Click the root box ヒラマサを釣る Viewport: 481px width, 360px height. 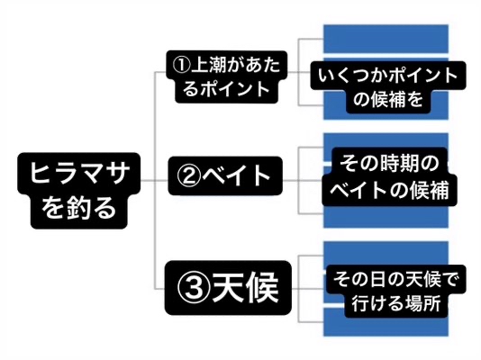pyautogui.click(x=79, y=191)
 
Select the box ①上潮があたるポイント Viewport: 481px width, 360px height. pyautogui.click(x=227, y=76)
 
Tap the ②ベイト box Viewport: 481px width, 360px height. pyautogui.click(x=225, y=175)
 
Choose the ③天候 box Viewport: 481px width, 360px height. pyautogui.click(x=228, y=288)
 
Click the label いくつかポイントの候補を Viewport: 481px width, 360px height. pyautogui.click(x=388, y=87)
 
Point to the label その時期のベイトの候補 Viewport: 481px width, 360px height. pyautogui.click(x=390, y=176)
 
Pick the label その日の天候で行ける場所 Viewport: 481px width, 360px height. pyautogui.click(x=395, y=292)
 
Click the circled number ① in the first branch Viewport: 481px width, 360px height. pyautogui.click(x=181, y=65)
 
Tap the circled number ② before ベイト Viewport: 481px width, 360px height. pyautogui.click(x=189, y=175)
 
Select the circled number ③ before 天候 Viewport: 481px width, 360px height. pyautogui.click(x=195, y=287)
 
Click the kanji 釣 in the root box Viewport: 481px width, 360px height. pyautogui.click(x=78, y=208)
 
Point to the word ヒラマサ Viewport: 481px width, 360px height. pyautogui.click(x=78, y=173)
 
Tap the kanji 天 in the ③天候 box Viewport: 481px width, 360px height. pyautogui.click(x=229, y=287)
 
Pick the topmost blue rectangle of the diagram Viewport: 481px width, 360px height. pyautogui.click(x=386, y=39)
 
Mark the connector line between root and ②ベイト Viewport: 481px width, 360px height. pyautogui.click(x=154, y=180)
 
